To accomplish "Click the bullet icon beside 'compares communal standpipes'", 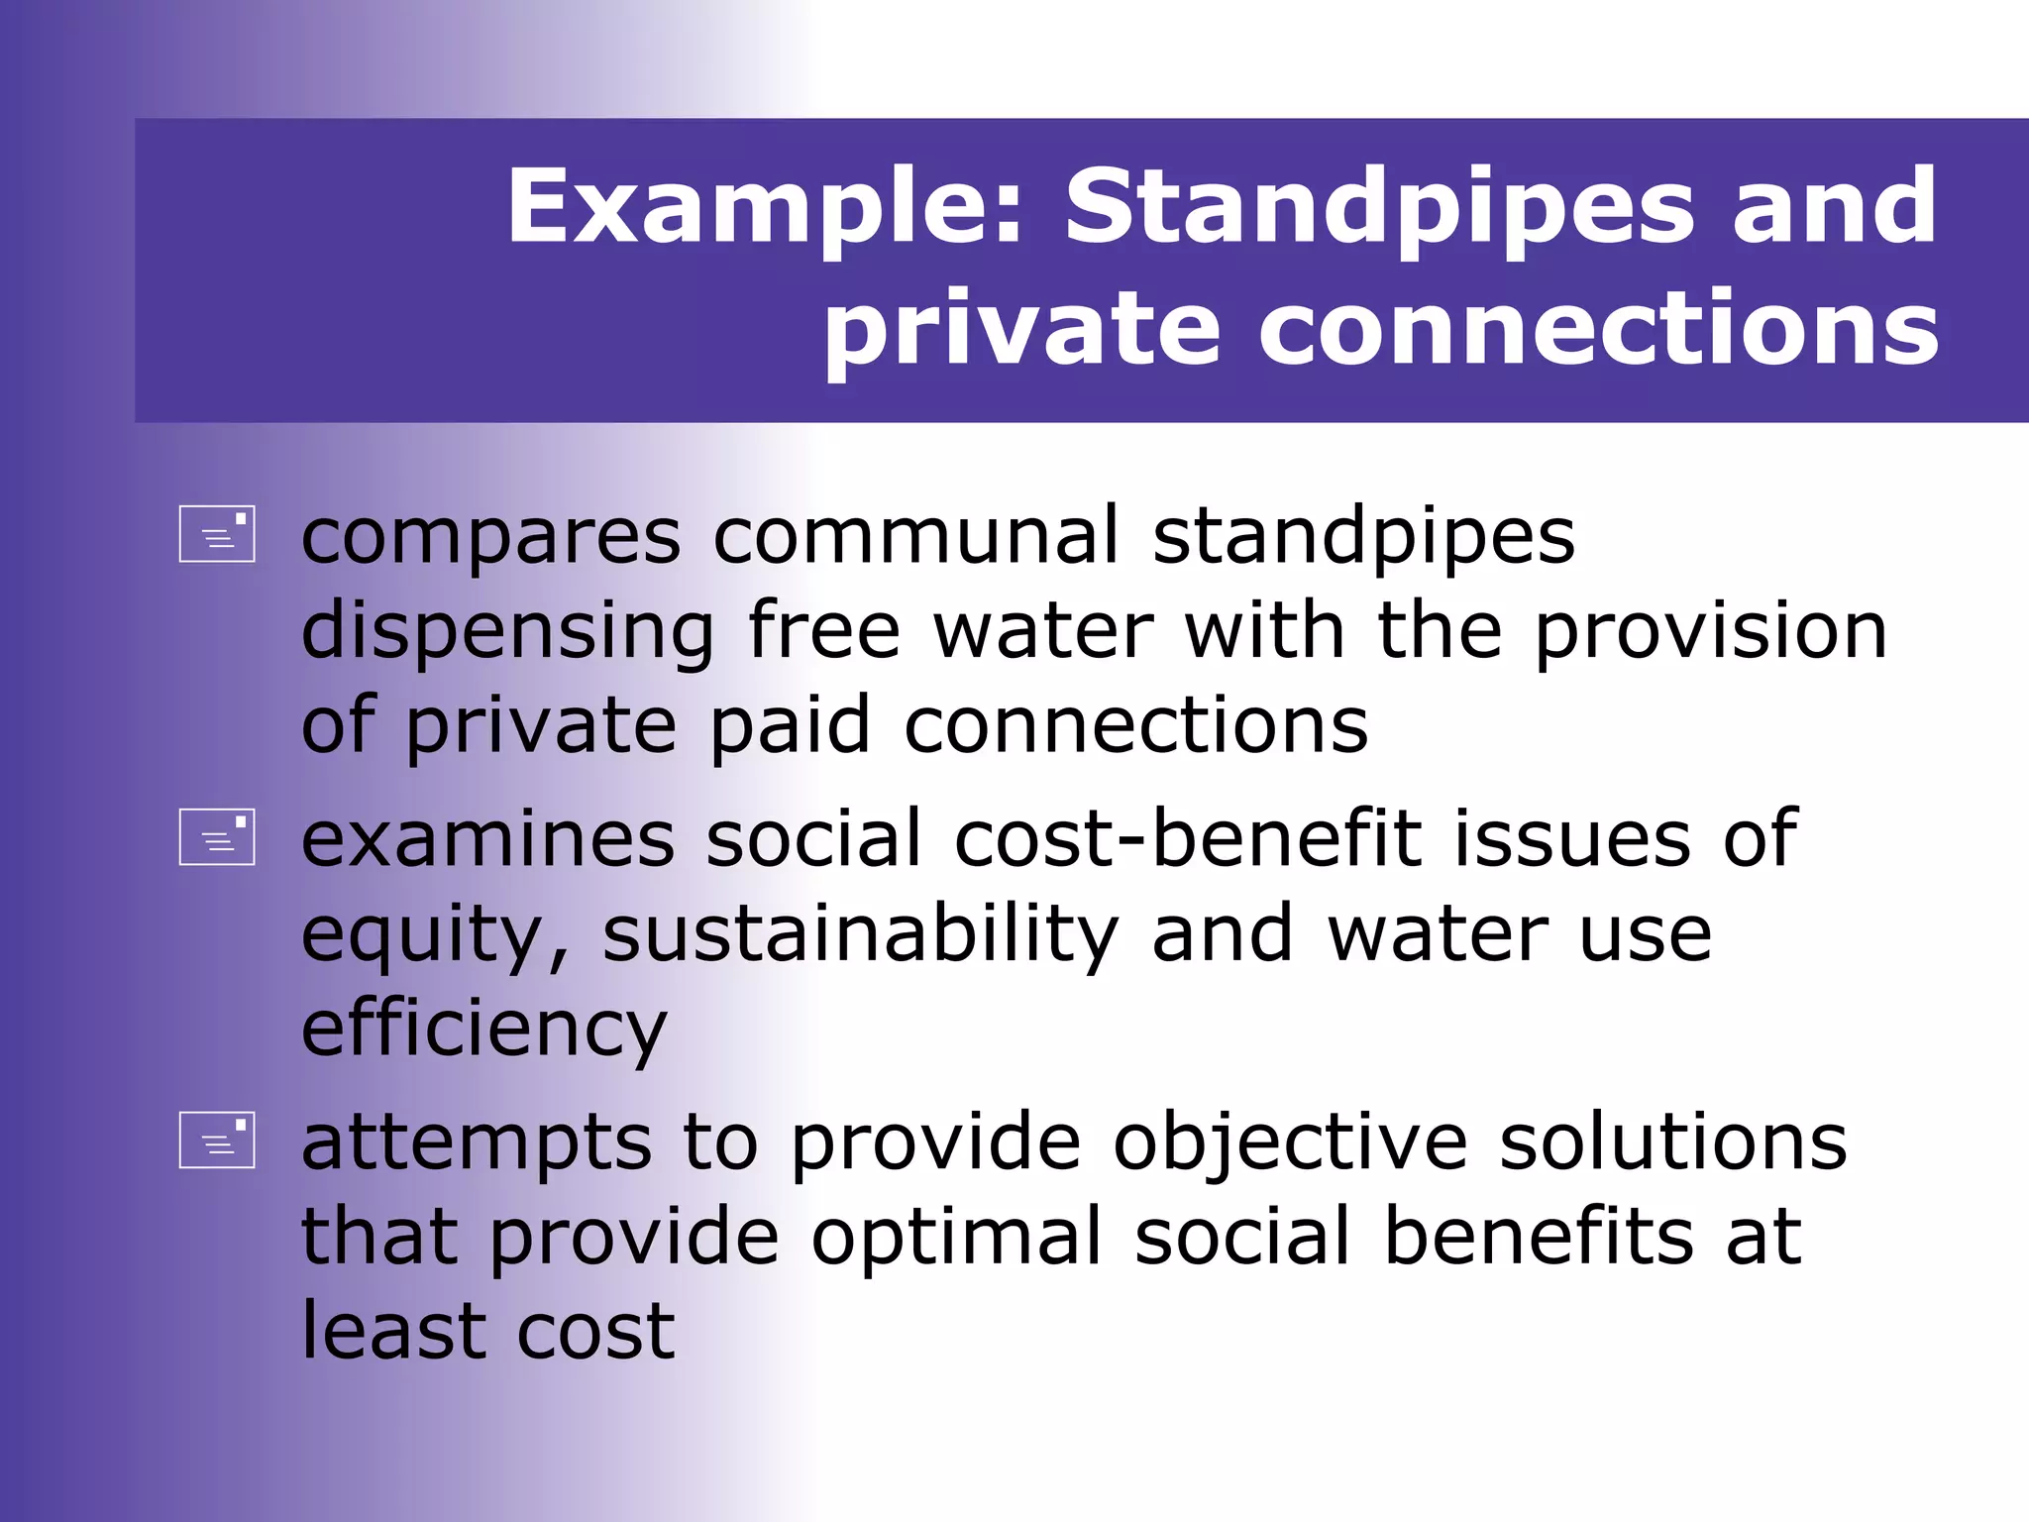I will (217, 534).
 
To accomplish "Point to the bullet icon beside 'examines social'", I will (217, 837).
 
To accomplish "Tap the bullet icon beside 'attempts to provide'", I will (217, 1141).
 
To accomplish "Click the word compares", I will (491, 536).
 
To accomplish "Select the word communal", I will (916, 536).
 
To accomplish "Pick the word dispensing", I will (507, 631).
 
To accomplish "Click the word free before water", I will (824, 630).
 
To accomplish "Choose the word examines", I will (487, 839).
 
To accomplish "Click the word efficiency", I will (483, 1031).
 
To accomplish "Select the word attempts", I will (477, 1142).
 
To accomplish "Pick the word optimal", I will (956, 1237).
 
